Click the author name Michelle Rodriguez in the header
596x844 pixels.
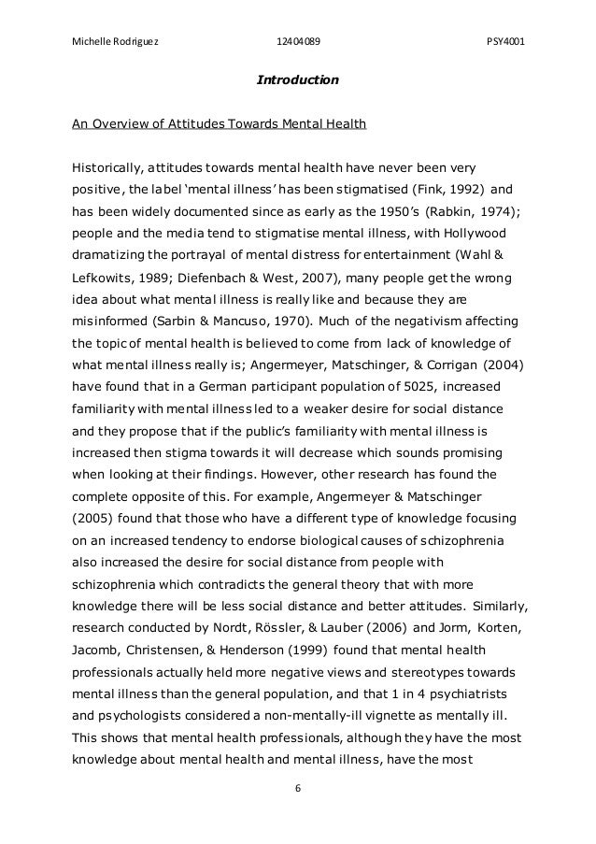[110, 40]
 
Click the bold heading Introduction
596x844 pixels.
[297, 80]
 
